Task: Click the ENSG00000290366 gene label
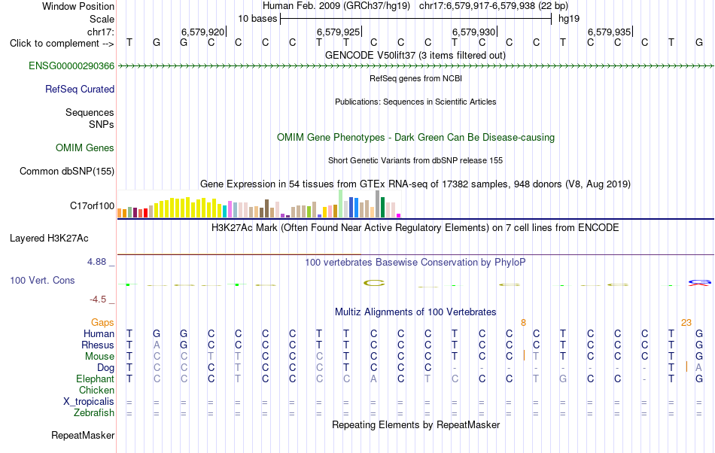[x=71, y=66]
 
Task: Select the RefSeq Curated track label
[x=80, y=90]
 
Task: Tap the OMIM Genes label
[x=85, y=148]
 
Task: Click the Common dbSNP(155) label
[x=67, y=172]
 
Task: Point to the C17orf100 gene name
[x=92, y=206]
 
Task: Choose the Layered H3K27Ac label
[x=49, y=239]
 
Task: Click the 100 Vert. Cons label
[x=42, y=281]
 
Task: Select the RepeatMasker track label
[x=83, y=436]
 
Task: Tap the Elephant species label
[x=96, y=379]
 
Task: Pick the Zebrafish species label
[x=94, y=413]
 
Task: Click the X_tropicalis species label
[x=89, y=402]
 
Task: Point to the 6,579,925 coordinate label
[x=339, y=32]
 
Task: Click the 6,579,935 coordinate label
[x=609, y=32]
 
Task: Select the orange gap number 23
[x=686, y=323]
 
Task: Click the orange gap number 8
[x=524, y=323]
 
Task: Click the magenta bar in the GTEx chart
[x=399, y=215]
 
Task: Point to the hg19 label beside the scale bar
[x=569, y=19]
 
